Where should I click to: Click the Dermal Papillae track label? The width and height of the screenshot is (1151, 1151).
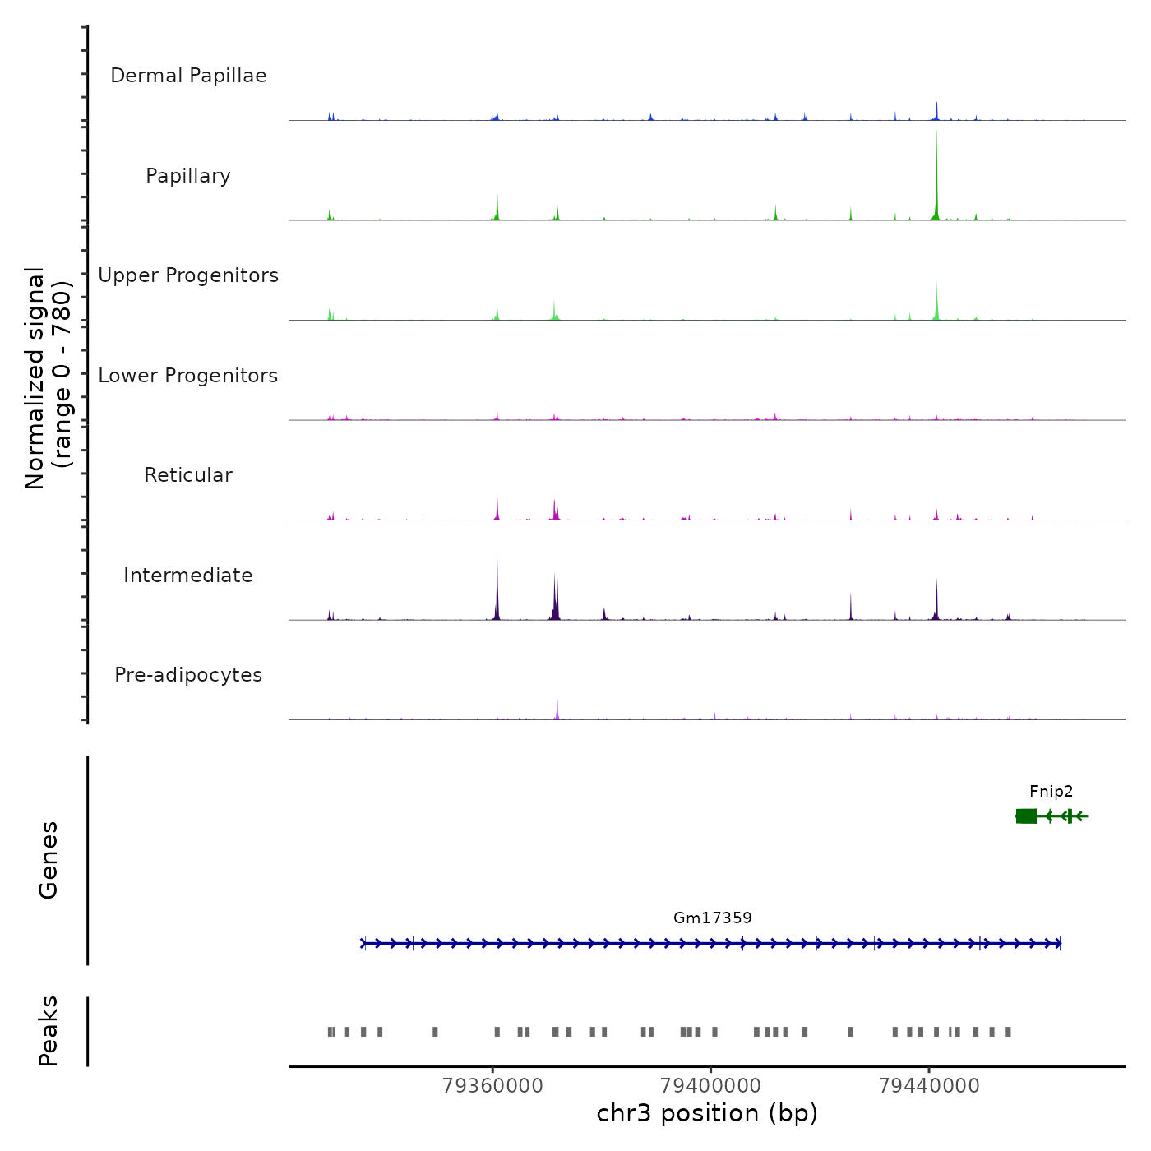click(x=188, y=76)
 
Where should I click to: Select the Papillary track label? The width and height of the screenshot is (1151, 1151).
click(x=188, y=176)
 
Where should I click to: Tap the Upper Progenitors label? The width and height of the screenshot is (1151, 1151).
click(x=188, y=275)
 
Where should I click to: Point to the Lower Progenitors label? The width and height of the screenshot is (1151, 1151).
click(x=188, y=376)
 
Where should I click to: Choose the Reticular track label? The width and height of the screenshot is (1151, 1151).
click(x=188, y=475)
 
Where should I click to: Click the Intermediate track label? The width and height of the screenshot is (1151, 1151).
click(x=188, y=575)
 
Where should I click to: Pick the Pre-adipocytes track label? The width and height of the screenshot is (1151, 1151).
click(x=188, y=675)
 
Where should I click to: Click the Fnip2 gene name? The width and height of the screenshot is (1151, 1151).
click(x=1051, y=792)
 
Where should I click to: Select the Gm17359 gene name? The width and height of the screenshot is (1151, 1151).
click(x=712, y=918)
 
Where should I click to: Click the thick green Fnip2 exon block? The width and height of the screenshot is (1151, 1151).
click(x=1026, y=816)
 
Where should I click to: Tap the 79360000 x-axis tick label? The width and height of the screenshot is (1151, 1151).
click(x=492, y=1086)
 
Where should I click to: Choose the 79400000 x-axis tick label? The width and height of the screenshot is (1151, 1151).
click(x=711, y=1086)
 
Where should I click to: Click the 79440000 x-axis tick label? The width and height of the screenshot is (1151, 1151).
click(x=929, y=1086)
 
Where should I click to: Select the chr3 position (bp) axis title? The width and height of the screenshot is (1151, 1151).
click(x=707, y=1113)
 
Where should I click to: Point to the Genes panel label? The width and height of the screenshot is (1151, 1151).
click(x=49, y=860)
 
